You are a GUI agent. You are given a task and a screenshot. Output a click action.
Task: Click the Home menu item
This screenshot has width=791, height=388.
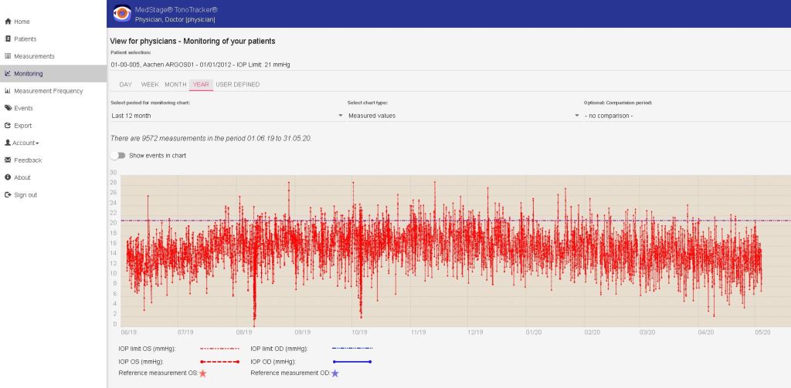click(22, 22)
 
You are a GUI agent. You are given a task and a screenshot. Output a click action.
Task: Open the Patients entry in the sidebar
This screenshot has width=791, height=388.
click(25, 39)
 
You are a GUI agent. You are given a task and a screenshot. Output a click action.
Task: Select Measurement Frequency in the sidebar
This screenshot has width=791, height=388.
click(48, 91)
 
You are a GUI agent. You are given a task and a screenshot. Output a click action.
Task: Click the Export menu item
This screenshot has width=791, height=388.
click(23, 125)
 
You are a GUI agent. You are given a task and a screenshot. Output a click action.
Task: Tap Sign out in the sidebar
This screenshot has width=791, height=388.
click(25, 195)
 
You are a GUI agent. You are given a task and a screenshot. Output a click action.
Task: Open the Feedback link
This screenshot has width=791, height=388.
click(28, 160)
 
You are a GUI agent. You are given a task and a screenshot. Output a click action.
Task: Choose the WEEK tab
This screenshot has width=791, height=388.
click(150, 84)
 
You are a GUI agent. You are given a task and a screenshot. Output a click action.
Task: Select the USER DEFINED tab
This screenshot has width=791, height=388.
click(237, 84)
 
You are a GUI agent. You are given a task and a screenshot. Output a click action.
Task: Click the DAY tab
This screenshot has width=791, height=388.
click(126, 84)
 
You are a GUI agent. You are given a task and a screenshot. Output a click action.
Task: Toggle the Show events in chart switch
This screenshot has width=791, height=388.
click(117, 155)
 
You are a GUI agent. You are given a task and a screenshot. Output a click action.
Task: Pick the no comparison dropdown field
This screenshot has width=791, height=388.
click(684, 116)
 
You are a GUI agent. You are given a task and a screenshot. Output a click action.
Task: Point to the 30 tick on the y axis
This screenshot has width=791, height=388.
click(114, 173)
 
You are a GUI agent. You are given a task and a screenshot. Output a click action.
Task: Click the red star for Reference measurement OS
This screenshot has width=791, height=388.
click(202, 373)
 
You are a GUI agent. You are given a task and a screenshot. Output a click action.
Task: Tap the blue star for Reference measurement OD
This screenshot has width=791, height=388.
click(334, 373)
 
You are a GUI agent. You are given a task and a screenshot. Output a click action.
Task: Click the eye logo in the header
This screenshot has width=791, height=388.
click(122, 13)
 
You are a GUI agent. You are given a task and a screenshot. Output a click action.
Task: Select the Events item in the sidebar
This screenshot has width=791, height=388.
click(23, 108)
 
